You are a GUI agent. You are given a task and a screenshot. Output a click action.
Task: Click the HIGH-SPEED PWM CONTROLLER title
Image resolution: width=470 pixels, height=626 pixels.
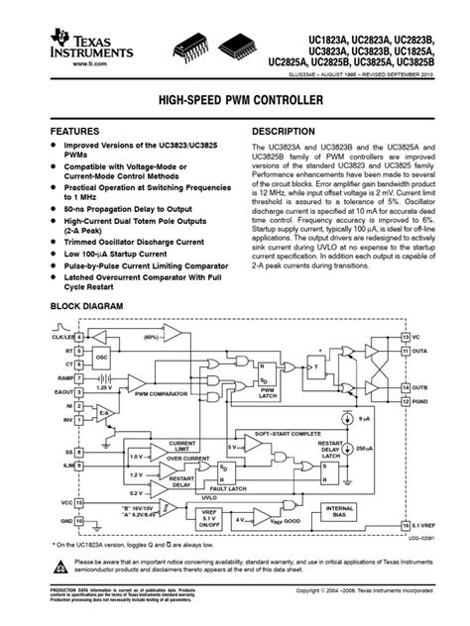pyautogui.click(x=234, y=102)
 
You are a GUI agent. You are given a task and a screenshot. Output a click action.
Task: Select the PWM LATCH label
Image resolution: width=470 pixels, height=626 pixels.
pyautogui.click(x=267, y=392)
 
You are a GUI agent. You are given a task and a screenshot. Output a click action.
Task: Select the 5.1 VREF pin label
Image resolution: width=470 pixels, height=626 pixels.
pyautogui.click(x=428, y=524)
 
